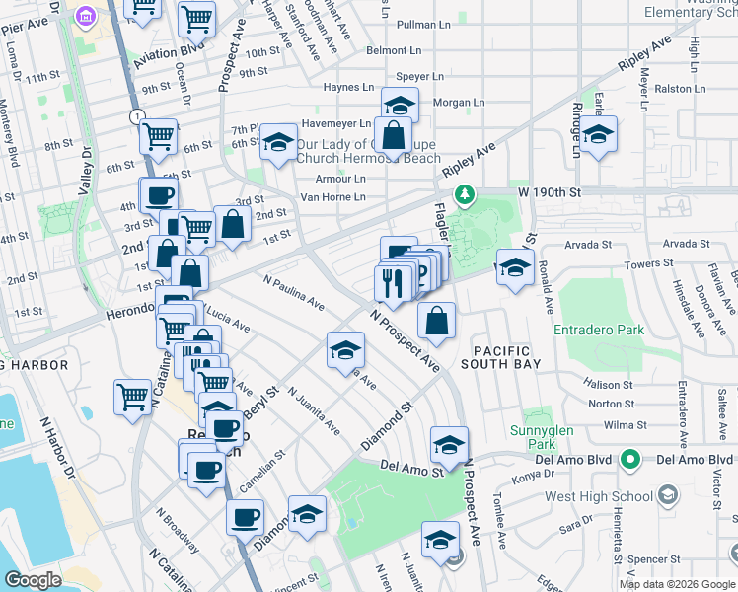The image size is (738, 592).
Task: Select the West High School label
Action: point(602,493)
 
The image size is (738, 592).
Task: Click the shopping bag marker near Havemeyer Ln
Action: point(393,136)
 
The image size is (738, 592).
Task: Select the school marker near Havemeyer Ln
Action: point(400,105)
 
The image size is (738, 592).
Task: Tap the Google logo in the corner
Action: point(34,580)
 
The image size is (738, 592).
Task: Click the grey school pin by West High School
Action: point(668,493)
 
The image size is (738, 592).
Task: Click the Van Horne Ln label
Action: point(332,197)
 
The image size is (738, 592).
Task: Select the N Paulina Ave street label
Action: point(293,292)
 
